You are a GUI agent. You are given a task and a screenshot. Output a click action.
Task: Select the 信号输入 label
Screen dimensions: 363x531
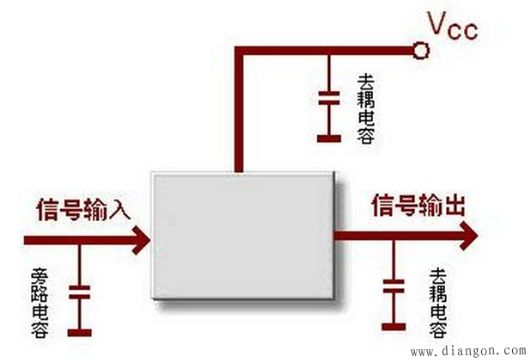pyautogui.click(x=83, y=211)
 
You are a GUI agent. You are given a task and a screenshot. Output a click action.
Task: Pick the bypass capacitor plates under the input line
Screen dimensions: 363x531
pyautogui.click(x=79, y=292)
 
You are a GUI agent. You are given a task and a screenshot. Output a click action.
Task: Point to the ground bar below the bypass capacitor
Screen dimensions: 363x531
pyautogui.click(x=79, y=331)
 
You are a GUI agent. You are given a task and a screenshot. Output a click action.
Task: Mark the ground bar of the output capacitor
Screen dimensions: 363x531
pyautogui.click(x=394, y=325)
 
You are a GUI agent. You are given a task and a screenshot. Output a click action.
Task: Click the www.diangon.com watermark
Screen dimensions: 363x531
pyautogui.click(x=468, y=350)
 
